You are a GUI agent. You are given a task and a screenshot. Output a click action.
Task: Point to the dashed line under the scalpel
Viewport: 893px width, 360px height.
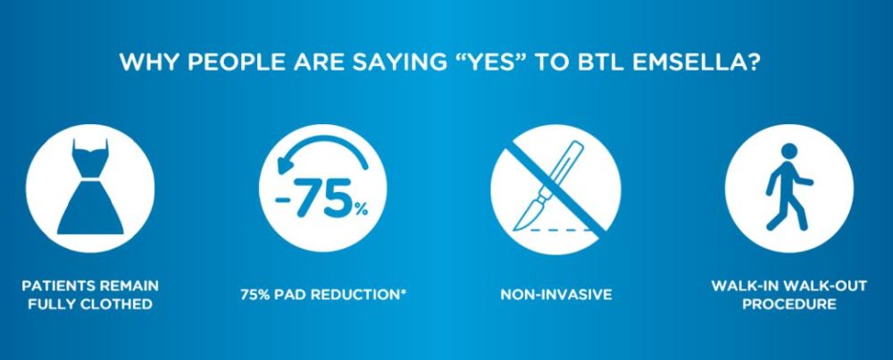click(x=561, y=230)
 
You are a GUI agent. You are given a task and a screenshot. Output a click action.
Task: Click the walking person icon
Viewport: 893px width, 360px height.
click(x=789, y=187)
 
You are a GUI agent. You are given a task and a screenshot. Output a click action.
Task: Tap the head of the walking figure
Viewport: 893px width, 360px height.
click(x=789, y=152)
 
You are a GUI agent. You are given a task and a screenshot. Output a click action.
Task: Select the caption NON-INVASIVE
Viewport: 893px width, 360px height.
click(x=556, y=295)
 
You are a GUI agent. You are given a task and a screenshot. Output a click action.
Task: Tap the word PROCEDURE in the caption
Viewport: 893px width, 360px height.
click(x=789, y=305)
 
